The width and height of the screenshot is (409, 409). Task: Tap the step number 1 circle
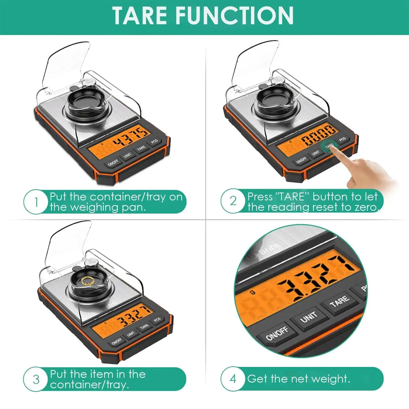(36, 202)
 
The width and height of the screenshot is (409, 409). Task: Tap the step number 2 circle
(233, 201)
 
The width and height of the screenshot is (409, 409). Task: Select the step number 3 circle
(36, 379)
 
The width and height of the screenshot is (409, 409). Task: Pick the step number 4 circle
(233, 379)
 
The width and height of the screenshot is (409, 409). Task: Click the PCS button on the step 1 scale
(154, 142)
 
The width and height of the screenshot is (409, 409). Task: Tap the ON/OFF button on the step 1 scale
(113, 163)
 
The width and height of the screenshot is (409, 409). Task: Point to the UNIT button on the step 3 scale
(130, 334)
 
